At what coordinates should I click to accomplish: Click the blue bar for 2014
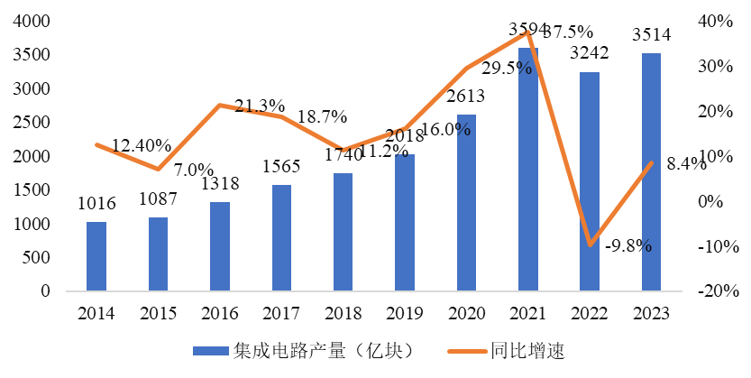(x=96, y=256)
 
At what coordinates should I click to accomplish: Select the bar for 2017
(x=281, y=238)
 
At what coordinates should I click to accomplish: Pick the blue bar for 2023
(x=651, y=172)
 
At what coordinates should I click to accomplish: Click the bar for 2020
(x=466, y=203)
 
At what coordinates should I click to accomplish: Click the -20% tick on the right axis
(x=719, y=291)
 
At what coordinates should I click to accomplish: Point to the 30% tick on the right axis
(x=720, y=67)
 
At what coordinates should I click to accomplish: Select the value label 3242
(x=589, y=53)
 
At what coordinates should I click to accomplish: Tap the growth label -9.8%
(x=628, y=245)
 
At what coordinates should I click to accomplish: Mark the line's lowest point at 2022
(x=589, y=244)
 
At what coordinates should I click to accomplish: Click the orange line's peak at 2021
(x=528, y=32)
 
